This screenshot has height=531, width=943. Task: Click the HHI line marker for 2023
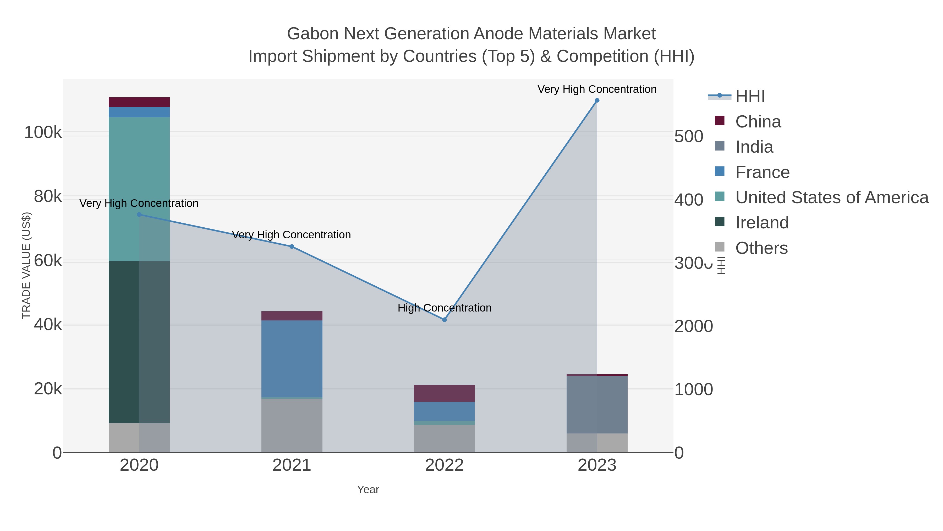(x=597, y=100)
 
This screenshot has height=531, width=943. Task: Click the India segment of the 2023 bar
(x=597, y=405)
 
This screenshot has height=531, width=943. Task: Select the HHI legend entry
(x=750, y=96)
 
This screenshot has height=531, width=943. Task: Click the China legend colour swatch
(x=719, y=121)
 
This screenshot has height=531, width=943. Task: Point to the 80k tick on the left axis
(x=48, y=197)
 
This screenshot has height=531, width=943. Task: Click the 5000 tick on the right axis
(x=688, y=137)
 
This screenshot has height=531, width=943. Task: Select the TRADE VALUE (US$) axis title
(x=26, y=265)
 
